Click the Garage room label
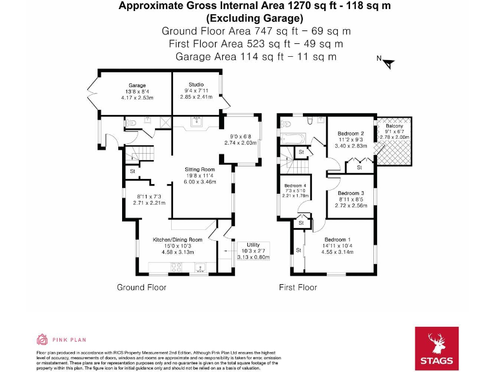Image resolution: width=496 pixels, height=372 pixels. click(x=137, y=85)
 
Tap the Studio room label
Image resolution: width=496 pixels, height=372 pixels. click(x=196, y=85)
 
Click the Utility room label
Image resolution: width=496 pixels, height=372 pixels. click(x=253, y=245)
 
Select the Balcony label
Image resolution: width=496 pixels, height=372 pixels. click(x=394, y=126)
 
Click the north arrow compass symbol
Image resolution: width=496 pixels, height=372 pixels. click(x=388, y=63)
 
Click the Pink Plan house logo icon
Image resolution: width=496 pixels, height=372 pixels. click(x=42, y=339)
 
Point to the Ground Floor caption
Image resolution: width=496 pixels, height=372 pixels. click(x=141, y=287)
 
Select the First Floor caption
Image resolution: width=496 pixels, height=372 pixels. click(x=298, y=287)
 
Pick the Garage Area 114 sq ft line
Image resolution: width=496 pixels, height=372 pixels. click(x=256, y=56)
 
